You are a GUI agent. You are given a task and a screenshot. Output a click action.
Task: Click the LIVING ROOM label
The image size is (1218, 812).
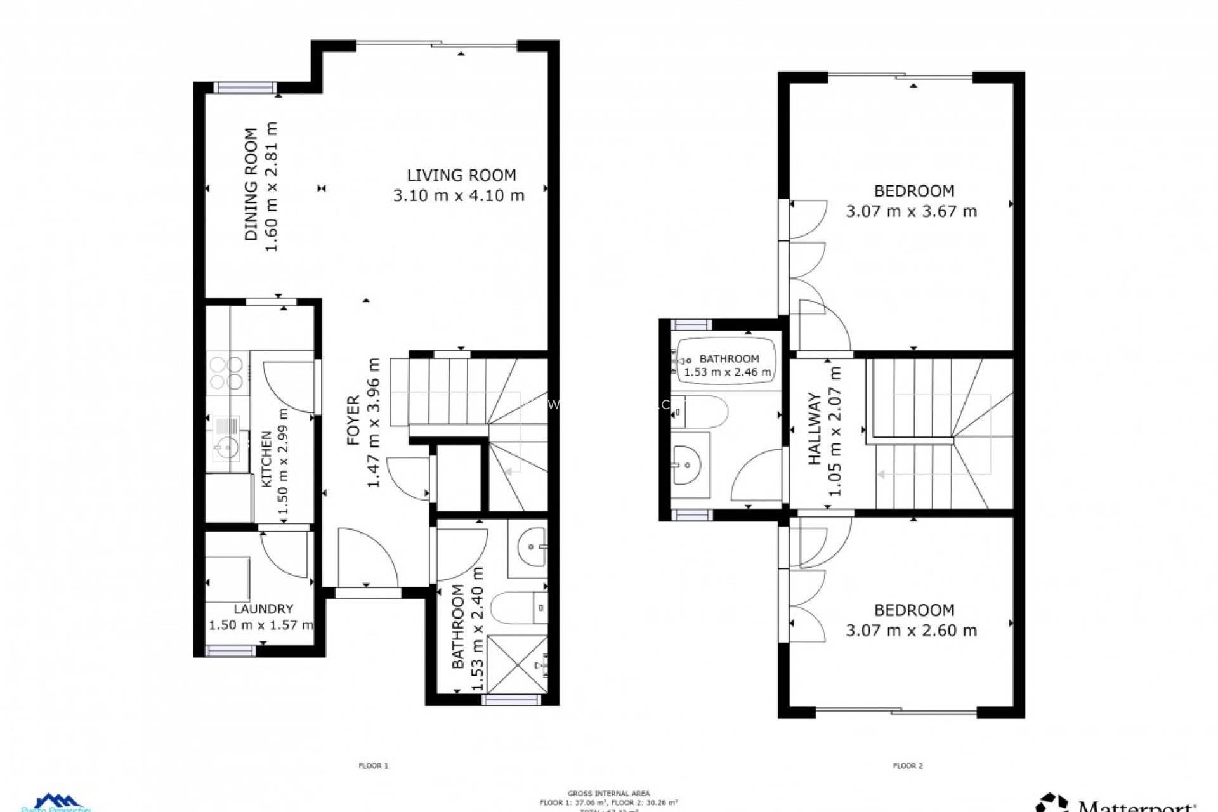461,175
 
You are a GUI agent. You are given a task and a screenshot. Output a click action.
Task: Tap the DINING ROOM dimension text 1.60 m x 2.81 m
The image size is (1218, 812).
272,187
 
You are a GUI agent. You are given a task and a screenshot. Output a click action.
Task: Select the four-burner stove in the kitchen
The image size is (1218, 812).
226,372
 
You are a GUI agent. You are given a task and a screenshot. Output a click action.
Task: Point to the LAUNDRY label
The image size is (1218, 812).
263,609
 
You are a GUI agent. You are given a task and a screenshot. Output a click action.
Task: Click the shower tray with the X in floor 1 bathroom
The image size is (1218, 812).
518,664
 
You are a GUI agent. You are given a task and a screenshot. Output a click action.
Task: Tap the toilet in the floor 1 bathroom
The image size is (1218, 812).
518,607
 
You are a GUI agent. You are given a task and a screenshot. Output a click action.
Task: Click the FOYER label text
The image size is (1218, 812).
353,420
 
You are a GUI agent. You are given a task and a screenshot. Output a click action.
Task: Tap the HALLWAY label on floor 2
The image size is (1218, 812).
815,429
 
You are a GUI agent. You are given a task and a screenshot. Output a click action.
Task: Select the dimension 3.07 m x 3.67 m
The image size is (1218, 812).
911,211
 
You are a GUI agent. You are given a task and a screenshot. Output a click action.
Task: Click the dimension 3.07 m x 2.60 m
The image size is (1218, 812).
911,631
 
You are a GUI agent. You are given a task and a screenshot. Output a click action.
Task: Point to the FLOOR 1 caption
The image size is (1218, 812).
373,766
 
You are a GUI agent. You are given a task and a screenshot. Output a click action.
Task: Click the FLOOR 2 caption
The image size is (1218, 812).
908,766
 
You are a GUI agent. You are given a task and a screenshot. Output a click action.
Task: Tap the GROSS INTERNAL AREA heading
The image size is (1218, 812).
608,793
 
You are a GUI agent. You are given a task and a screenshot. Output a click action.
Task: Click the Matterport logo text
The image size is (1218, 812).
1136,806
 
